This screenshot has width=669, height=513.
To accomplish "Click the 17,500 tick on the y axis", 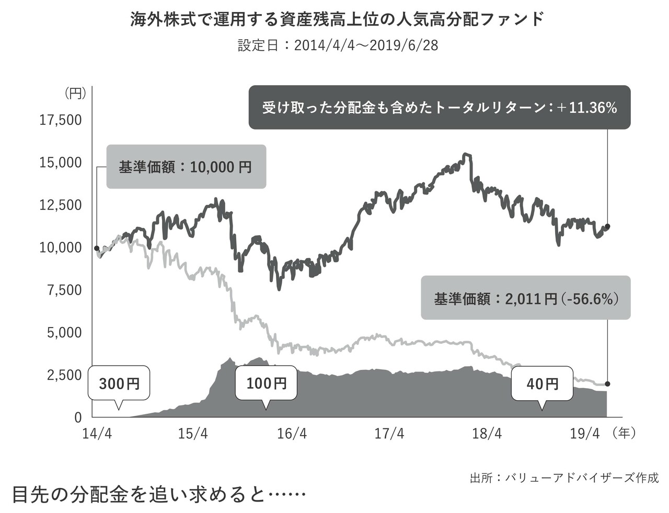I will click(61, 120).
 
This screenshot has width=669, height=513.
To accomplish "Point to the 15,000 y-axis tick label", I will click(61, 162).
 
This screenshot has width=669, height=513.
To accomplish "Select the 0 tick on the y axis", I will click(78, 417).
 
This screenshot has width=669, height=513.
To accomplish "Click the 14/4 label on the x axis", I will click(97, 434).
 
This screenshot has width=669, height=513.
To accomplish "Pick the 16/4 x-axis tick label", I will click(292, 434).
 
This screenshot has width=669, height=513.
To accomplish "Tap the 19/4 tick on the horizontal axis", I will click(584, 434).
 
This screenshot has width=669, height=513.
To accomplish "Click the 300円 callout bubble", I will click(119, 384).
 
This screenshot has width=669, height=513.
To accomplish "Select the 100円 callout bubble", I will click(267, 383).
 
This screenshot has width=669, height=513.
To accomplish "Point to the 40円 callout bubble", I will click(543, 384).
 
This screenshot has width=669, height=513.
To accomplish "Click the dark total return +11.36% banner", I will click(439, 108).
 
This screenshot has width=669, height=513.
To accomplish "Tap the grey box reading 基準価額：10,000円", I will click(186, 167).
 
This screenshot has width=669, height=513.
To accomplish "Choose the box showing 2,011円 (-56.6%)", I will click(525, 299).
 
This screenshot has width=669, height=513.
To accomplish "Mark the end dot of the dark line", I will click(607, 226).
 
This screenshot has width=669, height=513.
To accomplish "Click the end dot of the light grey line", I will click(607, 384).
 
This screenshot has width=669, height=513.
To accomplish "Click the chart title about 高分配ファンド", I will click(337, 20).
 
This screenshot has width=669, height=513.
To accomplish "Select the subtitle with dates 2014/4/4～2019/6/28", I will click(338, 45).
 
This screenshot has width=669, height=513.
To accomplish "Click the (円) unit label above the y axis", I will click(74, 94).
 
